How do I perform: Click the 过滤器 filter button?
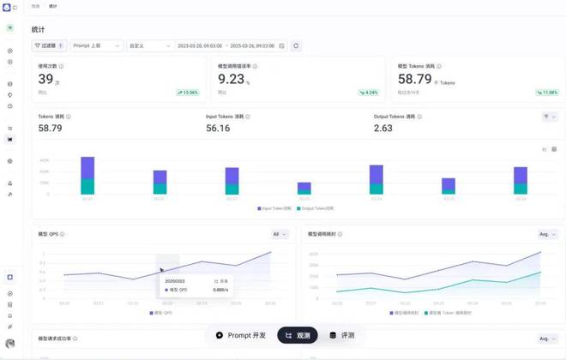point(48,45)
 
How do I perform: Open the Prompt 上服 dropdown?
point(96,45)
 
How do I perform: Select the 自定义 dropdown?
point(149,45)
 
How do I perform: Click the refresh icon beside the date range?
point(296,45)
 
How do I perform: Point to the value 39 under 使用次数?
point(45,80)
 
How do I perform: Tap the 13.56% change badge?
point(188,93)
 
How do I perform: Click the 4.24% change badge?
point(369,93)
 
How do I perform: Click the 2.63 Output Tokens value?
point(383,128)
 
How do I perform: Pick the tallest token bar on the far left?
point(87,176)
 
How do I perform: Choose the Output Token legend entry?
point(316,208)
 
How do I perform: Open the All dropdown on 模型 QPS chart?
point(280,234)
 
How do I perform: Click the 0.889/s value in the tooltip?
point(220,291)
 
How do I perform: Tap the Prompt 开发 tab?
point(241,335)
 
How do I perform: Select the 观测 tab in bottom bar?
point(298,335)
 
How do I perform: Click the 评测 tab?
point(342,335)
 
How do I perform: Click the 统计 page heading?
point(39,29)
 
